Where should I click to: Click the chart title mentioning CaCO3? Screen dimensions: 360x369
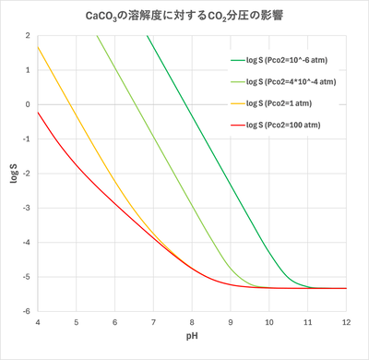point(184,16)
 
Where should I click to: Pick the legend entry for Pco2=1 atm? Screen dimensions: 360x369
point(287,102)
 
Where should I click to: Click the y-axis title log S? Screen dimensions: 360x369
point(13,173)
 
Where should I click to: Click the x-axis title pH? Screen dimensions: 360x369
point(191,341)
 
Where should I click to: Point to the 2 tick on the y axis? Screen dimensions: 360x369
point(28,35)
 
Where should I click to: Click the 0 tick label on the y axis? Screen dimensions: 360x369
point(28,104)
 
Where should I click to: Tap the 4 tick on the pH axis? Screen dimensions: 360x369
point(37,321)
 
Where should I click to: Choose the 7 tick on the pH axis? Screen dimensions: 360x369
point(152,321)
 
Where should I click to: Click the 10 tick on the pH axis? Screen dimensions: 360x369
point(268,321)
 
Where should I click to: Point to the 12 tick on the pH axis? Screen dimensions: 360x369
point(345,321)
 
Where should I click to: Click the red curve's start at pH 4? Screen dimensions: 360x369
point(38,112)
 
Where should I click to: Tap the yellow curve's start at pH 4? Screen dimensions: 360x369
point(38,46)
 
